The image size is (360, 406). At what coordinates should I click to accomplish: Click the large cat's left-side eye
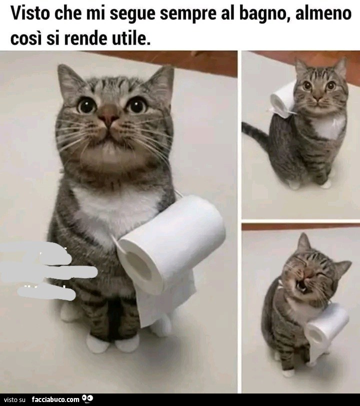(86, 105)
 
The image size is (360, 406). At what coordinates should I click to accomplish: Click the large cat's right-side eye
(136, 105)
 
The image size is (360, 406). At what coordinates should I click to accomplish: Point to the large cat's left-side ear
(69, 79)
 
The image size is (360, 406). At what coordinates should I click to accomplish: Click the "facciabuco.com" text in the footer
(55, 400)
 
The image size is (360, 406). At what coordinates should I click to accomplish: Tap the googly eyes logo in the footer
(88, 399)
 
